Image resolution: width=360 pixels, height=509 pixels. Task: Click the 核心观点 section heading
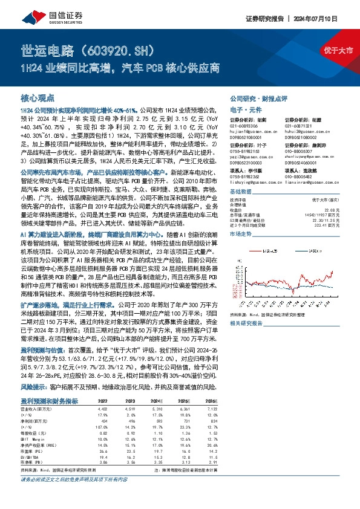click(38, 97)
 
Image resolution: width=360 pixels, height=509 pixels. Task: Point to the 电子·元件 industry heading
click(244, 109)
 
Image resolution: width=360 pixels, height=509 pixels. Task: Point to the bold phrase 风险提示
click(34, 386)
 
